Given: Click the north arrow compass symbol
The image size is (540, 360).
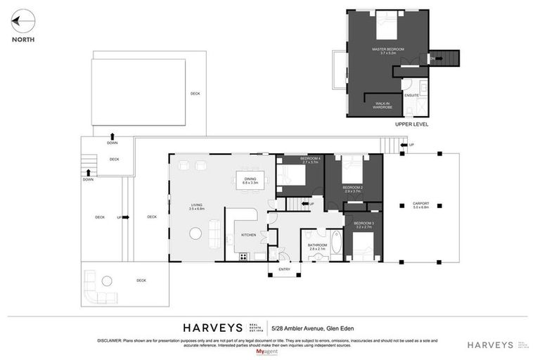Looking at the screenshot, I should coord(22,22).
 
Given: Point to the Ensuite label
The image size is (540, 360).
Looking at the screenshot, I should coord(411,95).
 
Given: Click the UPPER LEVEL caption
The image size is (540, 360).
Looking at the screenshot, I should coord(411,124).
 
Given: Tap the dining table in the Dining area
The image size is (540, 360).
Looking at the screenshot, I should coord(250,181).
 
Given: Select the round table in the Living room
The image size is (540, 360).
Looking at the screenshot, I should coord(195,233).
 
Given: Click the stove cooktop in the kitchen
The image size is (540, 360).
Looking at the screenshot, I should coord(243,257).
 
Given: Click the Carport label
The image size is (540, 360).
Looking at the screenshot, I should coord(420,205).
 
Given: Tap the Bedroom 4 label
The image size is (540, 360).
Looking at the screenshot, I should coord(310,159).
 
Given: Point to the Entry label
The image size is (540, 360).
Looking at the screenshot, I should coord(284,269).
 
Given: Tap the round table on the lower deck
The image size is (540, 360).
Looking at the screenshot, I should coord(107,281).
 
